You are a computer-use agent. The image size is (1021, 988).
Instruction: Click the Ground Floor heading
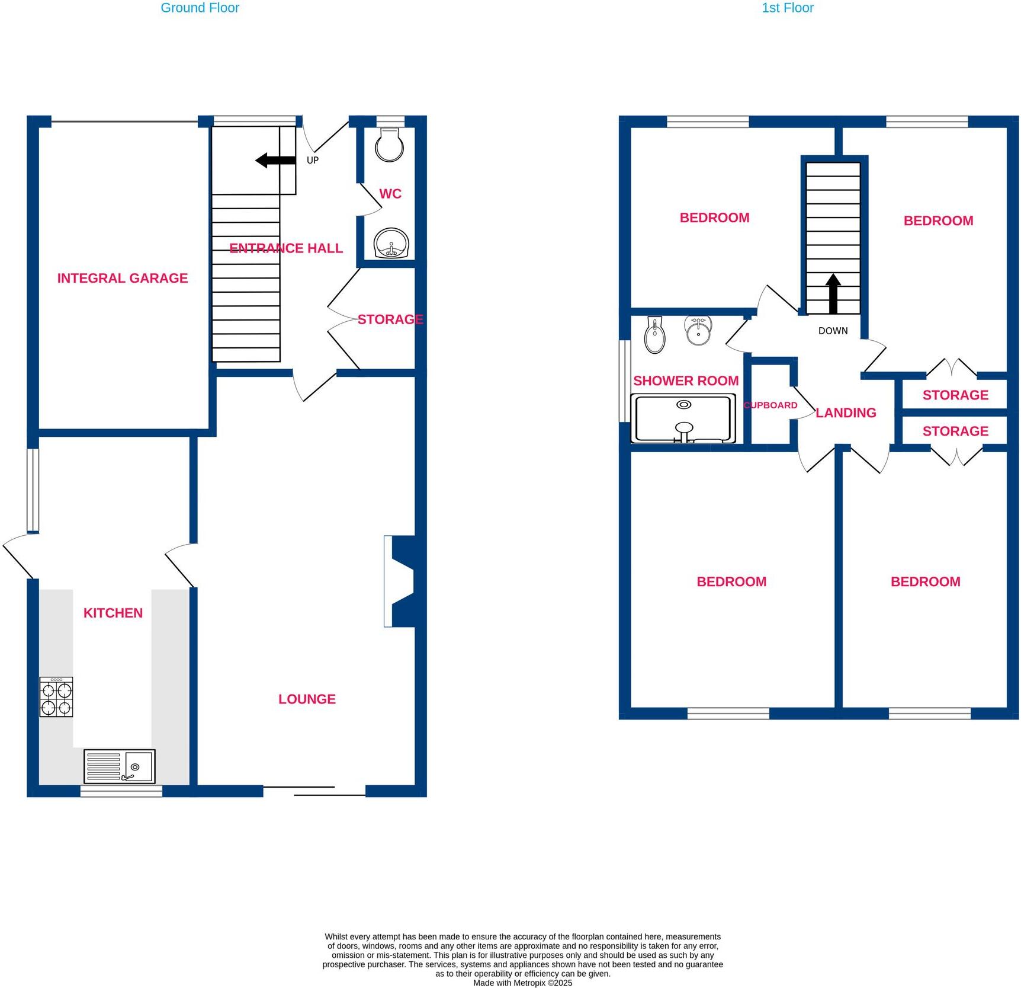pyautogui.click(x=200, y=8)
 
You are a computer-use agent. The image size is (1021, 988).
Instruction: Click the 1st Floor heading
pyautogui.click(x=787, y=8)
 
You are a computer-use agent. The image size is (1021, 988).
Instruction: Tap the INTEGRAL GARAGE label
pyautogui.click(x=123, y=278)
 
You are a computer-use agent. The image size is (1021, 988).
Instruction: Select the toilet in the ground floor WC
pyautogui.click(x=389, y=145)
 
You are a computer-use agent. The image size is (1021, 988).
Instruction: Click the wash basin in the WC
pyautogui.click(x=391, y=244)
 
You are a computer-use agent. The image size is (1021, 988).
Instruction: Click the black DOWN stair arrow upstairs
pyautogui.click(x=833, y=293)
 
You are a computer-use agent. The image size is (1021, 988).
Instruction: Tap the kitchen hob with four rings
pyautogui.click(x=56, y=698)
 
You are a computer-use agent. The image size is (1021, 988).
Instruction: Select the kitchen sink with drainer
pyautogui.click(x=120, y=766)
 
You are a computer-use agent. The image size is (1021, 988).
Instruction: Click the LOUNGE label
pyautogui.click(x=307, y=699)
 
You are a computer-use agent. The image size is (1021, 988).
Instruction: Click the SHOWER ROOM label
pyautogui.click(x=686, y=381)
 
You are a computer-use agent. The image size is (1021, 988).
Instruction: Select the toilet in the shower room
pyautogui.click(x=654, y=335)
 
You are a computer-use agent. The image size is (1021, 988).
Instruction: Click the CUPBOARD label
pyautogui.click(x=770, y=405)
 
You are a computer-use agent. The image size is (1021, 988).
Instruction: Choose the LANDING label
pyautogui.click(x=846, y=413)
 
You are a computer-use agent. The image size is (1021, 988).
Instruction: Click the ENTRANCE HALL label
pyautogui.click(x=286, y=248)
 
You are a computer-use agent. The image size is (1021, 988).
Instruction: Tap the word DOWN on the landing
pyautogui.click(x=833, y=331)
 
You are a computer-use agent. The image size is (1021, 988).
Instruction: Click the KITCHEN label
pyautogui.click(x=113, y=613)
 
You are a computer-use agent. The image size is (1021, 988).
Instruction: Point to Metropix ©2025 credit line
pyautogui.click(x=522, y=983)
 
